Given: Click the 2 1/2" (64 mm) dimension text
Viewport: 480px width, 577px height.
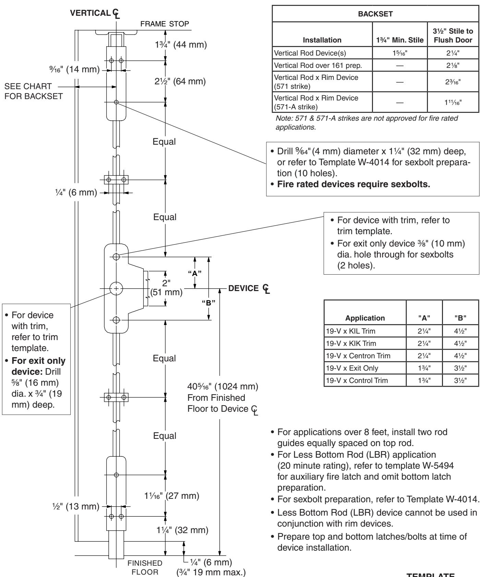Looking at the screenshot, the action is (x=179, y=82).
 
